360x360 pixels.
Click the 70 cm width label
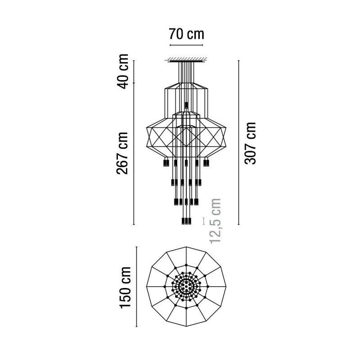(x=186, y=34)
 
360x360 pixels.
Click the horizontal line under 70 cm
(x=186, y=45)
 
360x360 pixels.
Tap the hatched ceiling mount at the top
(x=186, y=59)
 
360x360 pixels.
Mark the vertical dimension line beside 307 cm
(x=238, y=143)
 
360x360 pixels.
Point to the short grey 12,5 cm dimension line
(x=204, y=220)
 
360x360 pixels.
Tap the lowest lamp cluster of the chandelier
(x=186, y=221)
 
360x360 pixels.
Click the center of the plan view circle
(x=186, y=287)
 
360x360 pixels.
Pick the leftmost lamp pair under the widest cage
(x=165, y=162)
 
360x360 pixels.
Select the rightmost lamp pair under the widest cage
(x=207, y=162)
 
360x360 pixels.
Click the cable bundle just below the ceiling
(x=186, y=72)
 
